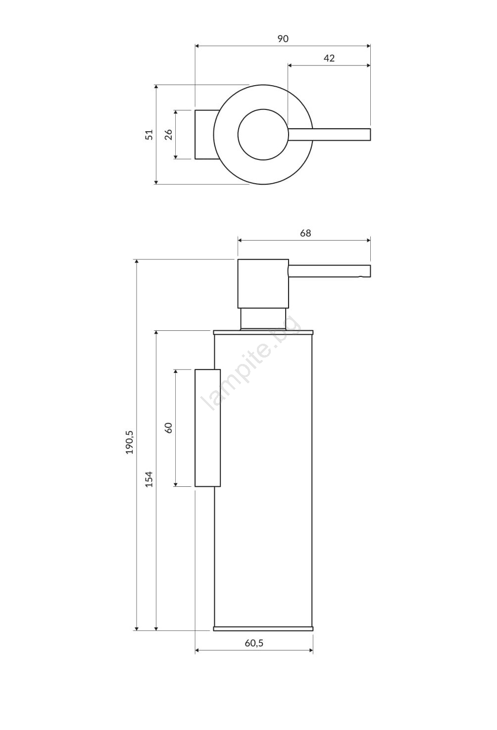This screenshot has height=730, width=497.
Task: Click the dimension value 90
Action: [x=283, y=39]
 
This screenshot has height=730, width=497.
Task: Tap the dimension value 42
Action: [x=329, y=58]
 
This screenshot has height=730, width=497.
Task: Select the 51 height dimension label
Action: [x=149, y=135]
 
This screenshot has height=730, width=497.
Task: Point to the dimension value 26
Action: [x=168, y=135]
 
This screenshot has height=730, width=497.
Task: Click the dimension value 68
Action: [x=305, y=233]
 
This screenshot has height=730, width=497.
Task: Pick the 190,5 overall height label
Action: [x=130, y=442]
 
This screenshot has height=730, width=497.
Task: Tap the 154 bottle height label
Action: [x=149, y=479]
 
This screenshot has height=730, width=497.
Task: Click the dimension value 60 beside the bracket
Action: [x=168, y=427]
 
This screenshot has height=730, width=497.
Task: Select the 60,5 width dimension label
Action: [x=254, y=643]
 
